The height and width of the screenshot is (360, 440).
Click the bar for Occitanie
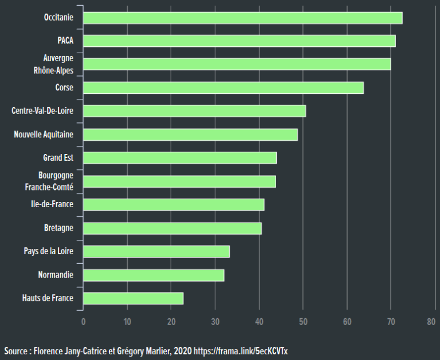[242, 18]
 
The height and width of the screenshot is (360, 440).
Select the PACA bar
[239, 41]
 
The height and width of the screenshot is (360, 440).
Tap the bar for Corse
[223, 88]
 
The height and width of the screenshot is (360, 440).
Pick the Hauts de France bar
[133, 298]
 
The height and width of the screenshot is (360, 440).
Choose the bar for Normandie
[154, 275]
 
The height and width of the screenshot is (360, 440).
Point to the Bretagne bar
[172, 228]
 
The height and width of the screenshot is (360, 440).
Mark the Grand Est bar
[179, 158]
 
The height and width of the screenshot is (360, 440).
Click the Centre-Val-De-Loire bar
[194, 110]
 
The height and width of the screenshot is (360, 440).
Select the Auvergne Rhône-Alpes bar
[237, 64]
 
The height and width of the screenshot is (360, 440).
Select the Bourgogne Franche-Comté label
[49, 181]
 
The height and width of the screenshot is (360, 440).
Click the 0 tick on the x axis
[83, 322]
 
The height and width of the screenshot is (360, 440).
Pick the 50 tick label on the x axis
[303, 322]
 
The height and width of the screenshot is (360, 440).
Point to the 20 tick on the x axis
[171, 322]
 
